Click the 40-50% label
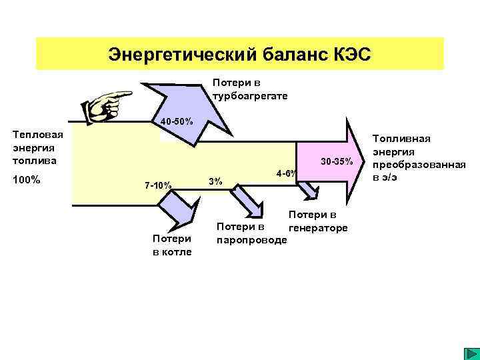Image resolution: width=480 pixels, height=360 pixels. point(176,122)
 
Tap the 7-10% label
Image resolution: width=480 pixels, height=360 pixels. point(159,185)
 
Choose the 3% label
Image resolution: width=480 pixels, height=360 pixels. point(215,182)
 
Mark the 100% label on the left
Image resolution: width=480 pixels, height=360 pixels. point(27,180)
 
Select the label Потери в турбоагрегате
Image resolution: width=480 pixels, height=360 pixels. point(249,89)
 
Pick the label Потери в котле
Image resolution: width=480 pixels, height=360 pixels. point(172,245)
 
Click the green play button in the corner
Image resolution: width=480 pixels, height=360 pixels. point(469,352)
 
